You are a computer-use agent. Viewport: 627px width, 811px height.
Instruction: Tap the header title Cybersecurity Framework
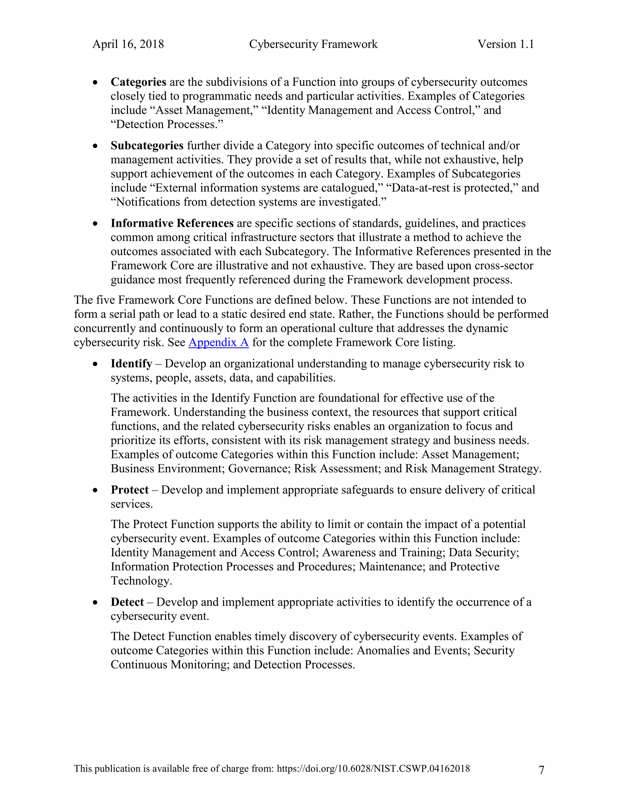(x=313, y=44)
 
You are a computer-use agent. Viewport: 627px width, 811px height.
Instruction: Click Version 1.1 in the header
(x=505, y=44)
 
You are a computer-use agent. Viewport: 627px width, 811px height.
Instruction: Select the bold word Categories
(x=138, y=82)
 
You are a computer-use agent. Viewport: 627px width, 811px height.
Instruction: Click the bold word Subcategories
(x=147, y=146)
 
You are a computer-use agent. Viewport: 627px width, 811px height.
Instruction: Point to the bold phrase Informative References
(x=172, y=223)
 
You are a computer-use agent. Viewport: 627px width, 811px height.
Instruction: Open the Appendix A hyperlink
(x=218, y=342)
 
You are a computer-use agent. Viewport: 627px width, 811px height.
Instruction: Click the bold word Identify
(x=131, y=364)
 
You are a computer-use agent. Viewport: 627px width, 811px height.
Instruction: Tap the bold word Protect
(x=130, y=490)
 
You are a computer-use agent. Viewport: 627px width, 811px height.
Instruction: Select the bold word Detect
(x=127, y=602)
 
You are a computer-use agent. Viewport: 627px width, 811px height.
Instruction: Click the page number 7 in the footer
(x=541, y=770)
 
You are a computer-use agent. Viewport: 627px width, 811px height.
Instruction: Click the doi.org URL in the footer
(x=373, y=769)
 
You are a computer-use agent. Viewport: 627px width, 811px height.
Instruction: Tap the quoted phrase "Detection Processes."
(x=167, y=124)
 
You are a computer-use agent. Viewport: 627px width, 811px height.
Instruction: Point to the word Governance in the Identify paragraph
(x=259, y=469)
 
